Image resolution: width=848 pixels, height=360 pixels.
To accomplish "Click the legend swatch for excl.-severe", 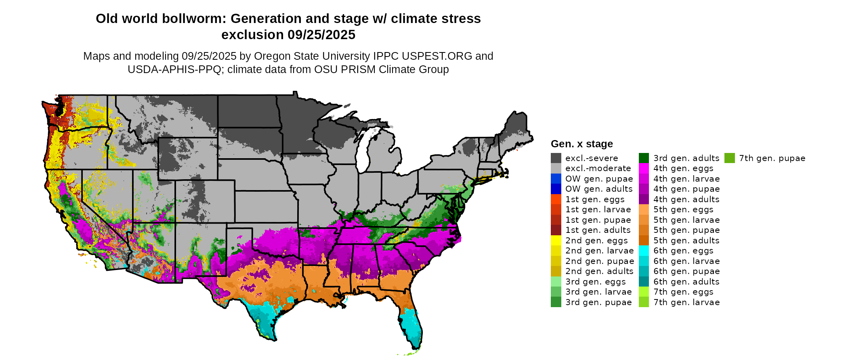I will pos(556,158).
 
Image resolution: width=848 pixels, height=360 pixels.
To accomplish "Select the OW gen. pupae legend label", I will pos(599,179).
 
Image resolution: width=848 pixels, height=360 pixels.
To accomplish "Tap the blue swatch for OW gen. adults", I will pos(556,189).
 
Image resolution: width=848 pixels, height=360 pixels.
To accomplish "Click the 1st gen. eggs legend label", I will pos(595,199).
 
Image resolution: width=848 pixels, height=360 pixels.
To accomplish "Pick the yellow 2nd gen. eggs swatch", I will pos(556,241).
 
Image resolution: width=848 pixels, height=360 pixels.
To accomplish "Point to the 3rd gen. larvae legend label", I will pos(598,292).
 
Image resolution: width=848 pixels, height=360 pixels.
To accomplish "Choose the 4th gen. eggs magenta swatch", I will pos(644,168).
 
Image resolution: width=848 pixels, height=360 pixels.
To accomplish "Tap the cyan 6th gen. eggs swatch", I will pos(644,251).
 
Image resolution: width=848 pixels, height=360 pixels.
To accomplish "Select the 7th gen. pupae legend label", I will pos(772,158).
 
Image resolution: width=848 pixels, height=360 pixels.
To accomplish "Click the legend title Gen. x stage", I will pos(581,144).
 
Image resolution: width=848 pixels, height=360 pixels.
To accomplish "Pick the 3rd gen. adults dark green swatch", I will pos(644,158).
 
